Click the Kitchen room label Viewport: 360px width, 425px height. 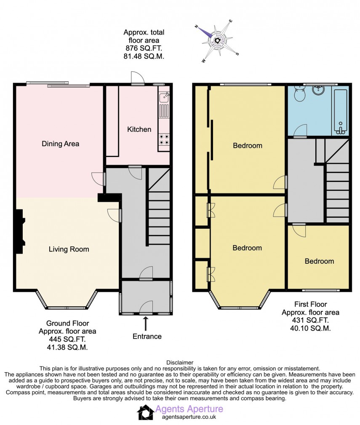pyautogui.click(x=139, y=129)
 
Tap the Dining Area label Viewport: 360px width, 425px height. pyautogui.click(x=60, y=144)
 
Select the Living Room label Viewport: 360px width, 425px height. pyautogui.click(x=69, y=249)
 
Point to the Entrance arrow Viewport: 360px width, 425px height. pyautogui.click(x=146, y=323)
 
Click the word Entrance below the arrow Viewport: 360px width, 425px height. pyautogui.click(x=147, y=336)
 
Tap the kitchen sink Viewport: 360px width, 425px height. pyautogui.click(x=164, y=98)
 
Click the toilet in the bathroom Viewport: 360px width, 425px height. pyautogui.click(x=299, y=94)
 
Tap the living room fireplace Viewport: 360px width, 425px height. pyautogui.click(x=19, y=231)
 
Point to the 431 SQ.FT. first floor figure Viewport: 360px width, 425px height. pyautogui.click(x=310, y=320)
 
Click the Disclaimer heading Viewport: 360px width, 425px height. pyautogui.click(x=180, y=362)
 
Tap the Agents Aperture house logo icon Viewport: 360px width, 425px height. pyautogui.click(x=146, y=412)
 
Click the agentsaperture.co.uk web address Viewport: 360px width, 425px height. pyautogui.click(x=189, y=417)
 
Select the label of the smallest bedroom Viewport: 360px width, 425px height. pyautogui.click(x=319, y=261)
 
